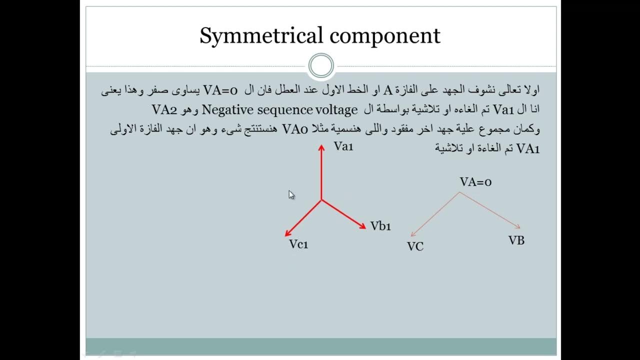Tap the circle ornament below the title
tap(321, 66)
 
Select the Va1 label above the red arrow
tap(343, 146)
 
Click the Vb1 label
tap(380, 226)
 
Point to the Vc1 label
tap(298, 244)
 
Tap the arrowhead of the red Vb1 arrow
tap(363, 226)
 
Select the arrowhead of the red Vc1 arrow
tap(287, 233)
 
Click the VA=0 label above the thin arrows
tap(475, 182)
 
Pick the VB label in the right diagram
tap(516, 240)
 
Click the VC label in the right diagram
tap(415, 246)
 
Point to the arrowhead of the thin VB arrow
tap(518, 227)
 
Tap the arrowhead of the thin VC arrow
tap(412, 234)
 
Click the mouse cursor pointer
tap(291, 195)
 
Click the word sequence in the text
tap(285, 109)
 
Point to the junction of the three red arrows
tap(321, 200)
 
